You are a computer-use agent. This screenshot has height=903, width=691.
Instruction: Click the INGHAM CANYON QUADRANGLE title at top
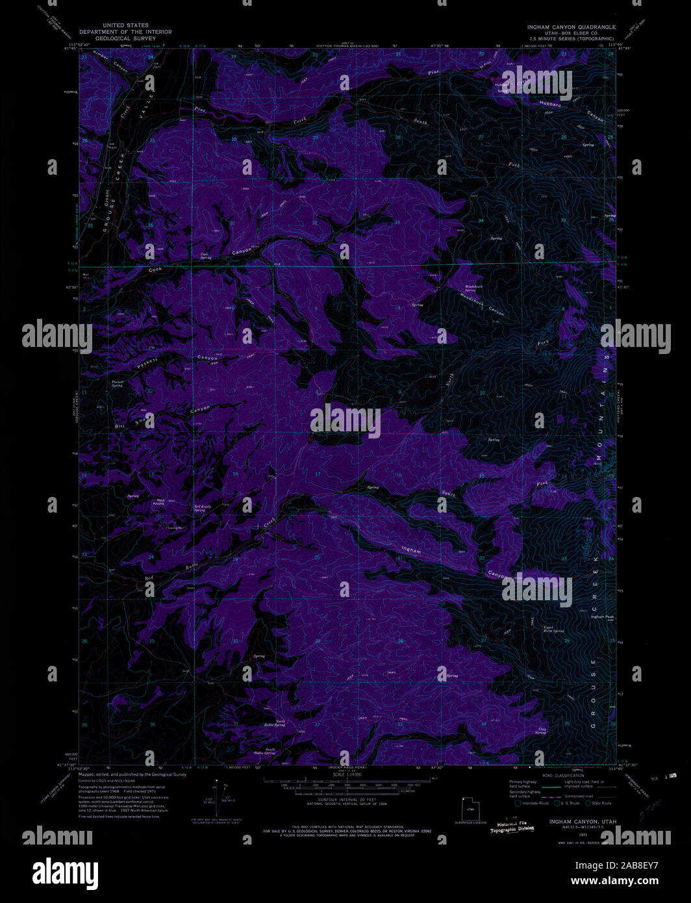(x=572, y=27)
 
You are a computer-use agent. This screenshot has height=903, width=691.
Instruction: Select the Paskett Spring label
(x=117, y=384)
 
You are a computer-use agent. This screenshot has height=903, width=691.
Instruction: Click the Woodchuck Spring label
(x=474, y=288)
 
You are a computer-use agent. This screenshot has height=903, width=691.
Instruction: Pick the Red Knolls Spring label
(x=202, y=508)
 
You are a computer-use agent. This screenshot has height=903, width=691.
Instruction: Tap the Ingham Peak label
(x=601, y=617)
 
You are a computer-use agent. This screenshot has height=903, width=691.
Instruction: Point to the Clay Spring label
(x=540, y=731)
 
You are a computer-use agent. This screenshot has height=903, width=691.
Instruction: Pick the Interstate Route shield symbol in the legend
(x=518, y=803)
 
